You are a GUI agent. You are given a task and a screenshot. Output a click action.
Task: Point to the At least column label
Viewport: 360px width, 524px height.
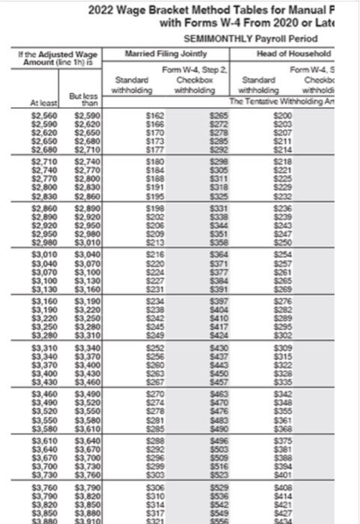tap(44, 103)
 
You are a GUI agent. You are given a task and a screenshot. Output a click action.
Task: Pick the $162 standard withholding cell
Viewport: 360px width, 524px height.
tap(154, 115)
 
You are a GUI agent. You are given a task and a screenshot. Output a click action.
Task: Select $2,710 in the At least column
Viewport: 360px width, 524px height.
tap(44, 161)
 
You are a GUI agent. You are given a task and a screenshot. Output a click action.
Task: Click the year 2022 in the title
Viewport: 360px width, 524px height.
tap(103, 10)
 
